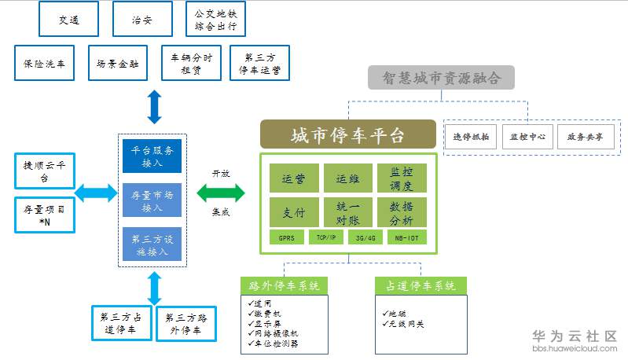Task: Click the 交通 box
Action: tap(69, 19)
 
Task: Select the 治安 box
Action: tap(142, 19)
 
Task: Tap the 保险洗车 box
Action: tap(45, 64)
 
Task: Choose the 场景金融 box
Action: tap(117, 64)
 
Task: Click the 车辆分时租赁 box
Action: tap(185, 64)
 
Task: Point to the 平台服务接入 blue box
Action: tap(152, 155)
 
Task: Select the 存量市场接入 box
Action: tap(152, 199)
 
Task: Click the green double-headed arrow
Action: tap(221, 193)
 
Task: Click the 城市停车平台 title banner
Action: tap(347, 134)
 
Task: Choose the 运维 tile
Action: tap(347, 178)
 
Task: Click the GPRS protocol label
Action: tap(286, 237)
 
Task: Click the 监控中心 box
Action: tap(527, 136)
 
